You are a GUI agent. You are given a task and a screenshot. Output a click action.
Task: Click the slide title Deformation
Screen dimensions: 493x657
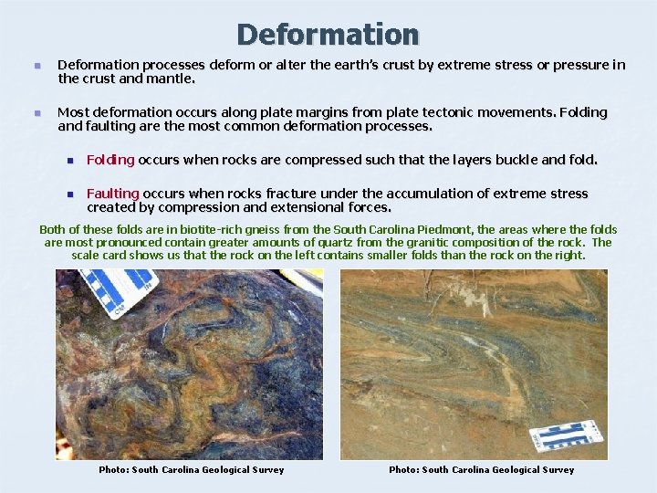click(328, 35)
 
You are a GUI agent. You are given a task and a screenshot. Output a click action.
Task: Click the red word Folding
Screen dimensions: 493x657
click(110, 160)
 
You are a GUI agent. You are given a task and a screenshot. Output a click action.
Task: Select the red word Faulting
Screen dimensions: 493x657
click(113, 194)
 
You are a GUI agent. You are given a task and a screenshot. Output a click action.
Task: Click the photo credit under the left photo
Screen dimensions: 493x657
click(192, 470)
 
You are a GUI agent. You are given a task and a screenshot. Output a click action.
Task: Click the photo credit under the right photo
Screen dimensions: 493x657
click(482, 470)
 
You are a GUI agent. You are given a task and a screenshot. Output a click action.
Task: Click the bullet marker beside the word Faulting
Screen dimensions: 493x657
click(68, 194)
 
